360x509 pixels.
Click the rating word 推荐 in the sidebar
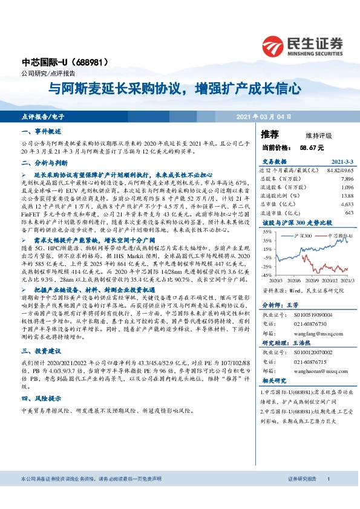(270, 134)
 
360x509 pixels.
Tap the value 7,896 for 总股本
(346, 180)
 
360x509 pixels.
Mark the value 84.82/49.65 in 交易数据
(340, 171)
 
